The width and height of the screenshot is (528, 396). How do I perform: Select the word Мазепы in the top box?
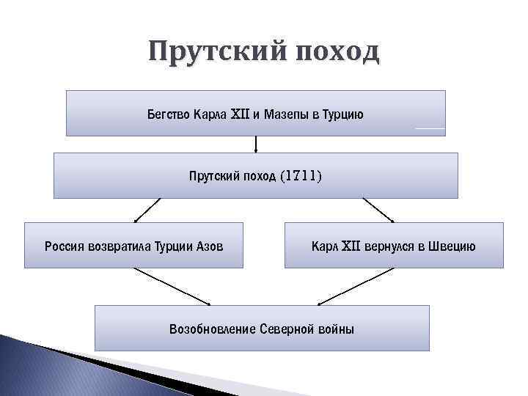coord(282,114)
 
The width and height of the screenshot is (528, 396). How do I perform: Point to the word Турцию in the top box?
coord(342,114)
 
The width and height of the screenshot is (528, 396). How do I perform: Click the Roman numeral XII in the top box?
coord(241,114)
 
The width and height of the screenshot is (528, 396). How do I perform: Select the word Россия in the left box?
coord(65,246)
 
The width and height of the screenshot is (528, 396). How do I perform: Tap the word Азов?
coord(208,246)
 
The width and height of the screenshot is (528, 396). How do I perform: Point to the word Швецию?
coord(452,246)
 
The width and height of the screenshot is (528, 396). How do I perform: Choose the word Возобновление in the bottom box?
coord(212,329)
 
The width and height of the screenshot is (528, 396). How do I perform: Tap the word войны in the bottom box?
coord(337,329)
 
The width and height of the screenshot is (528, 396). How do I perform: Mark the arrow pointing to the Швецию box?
coord(378,210)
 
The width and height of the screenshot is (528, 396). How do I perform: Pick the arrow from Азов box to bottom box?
coord(172,287)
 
